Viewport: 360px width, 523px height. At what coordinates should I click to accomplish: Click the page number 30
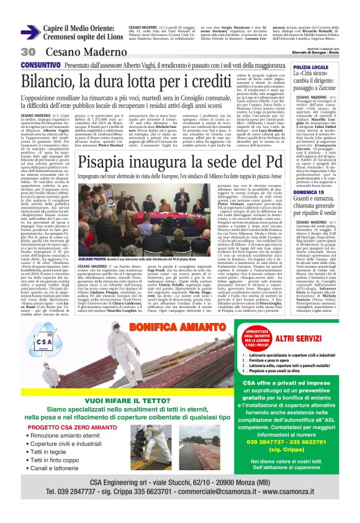point(27,52)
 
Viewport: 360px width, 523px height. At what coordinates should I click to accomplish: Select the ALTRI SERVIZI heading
point(302,339)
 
